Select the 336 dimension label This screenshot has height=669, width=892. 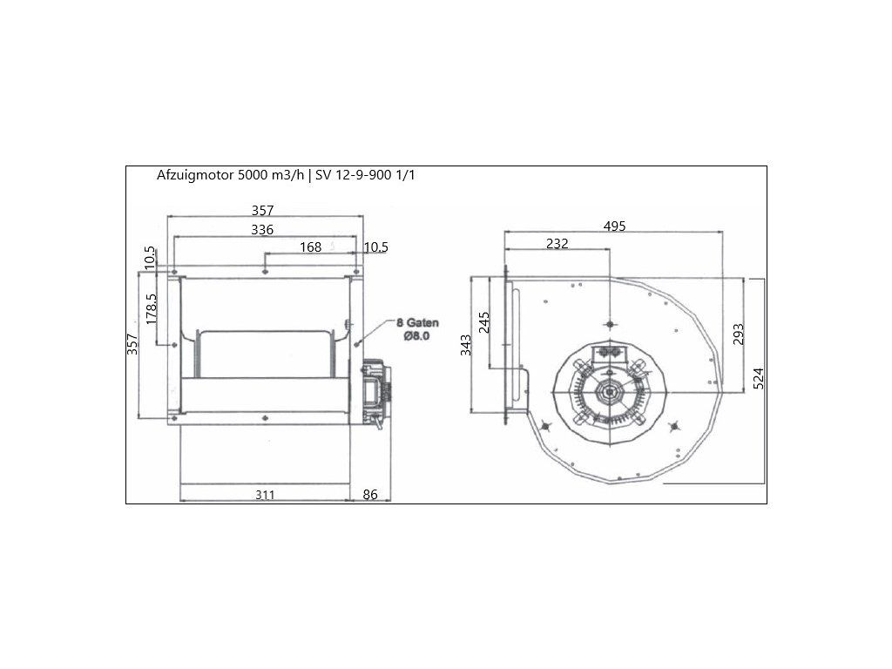[262, 229]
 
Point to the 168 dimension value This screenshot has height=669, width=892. [311, 247]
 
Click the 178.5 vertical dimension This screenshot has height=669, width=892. [151, 308]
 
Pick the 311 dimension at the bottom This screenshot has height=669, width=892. [266, 495]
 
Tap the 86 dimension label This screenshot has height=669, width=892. [370, 495]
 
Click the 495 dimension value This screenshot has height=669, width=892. [615, 226]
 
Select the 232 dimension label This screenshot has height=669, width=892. [557, 244]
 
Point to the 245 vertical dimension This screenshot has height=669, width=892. [485, 322]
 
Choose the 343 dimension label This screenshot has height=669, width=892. [466, 345]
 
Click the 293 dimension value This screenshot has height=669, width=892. [737, 334]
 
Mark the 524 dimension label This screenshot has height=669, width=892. [758, 379]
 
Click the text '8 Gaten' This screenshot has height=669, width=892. [418, 321]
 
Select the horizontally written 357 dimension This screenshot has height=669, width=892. [262, 210]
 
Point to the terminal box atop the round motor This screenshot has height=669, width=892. [608, 353]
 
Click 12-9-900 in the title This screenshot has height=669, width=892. [364, 174]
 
